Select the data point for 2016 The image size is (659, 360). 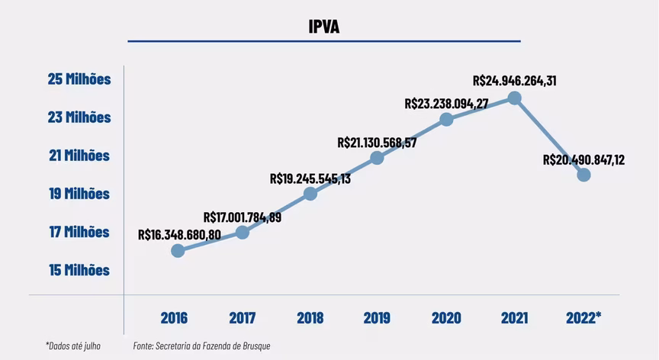coord(178,250)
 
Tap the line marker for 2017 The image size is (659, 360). coord(242,232)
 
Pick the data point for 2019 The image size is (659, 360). coord(377,158)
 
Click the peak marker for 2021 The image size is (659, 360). coord(515,98)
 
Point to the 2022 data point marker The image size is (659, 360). coord(584,175)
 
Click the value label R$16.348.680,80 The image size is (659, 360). coord(179,234)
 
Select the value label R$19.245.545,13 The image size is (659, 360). coord(310,178)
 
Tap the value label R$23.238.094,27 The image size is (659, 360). coord(446,103)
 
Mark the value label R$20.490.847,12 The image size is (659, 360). coord(583,159)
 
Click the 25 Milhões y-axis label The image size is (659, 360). coord(79,79)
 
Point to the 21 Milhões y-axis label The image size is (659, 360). coord(79,156)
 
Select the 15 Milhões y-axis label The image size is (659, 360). coord(79,270)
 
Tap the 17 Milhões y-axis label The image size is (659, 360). coord(79,232)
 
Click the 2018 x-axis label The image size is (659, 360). coord(310,318)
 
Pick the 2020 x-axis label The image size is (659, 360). coord(446,318)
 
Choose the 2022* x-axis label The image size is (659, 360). coord(583,318)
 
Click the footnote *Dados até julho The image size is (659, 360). coord(73,346)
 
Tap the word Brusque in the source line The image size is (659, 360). coord(255,346)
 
